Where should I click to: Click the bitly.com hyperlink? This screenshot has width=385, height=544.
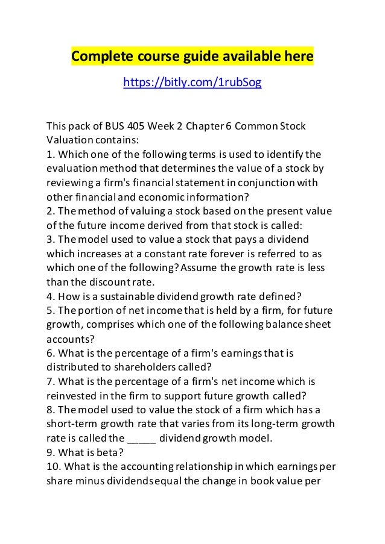pyautogui.click(x=192, y=83)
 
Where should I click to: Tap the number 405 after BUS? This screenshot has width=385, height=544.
pyautogui.click(x=131, y=127)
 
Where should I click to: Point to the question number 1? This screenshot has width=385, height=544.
pyautogui.click(x=50, y=153)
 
